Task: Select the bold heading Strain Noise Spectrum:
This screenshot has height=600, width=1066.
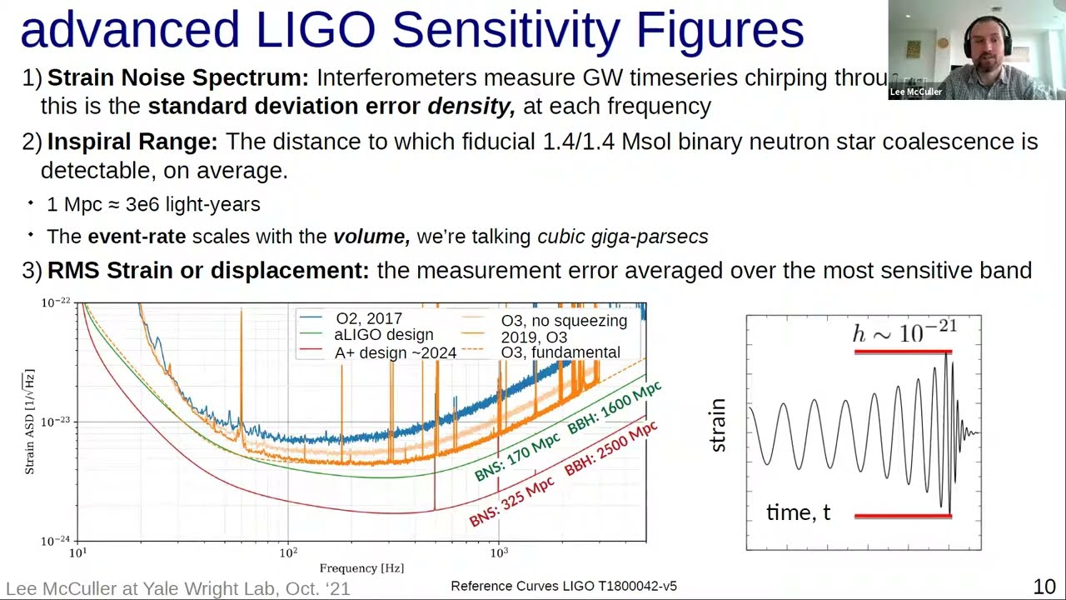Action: [x=177, y=78]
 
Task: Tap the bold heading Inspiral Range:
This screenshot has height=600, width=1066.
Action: [x=132, y=142]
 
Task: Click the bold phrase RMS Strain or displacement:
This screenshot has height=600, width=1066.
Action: [x=207, y=271]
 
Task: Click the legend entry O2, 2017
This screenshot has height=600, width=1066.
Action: [x=368, y=318]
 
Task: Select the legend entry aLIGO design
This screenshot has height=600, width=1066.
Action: [x=383, y=335]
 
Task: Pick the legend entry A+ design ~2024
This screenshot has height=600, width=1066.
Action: [x=395, y=353]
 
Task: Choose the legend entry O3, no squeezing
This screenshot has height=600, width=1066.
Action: [x=563, y=321]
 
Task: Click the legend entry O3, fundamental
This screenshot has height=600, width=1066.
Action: [x=560, y=352]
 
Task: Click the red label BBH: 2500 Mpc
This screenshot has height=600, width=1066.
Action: [x=610, y=448]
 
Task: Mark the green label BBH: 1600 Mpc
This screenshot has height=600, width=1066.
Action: [x=614, y=407]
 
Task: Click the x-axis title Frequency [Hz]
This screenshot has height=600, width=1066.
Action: [x=361, y=568]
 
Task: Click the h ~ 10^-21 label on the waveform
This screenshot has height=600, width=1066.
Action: [x=904, y=333]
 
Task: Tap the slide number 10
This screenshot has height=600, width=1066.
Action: [x=1044, y=587]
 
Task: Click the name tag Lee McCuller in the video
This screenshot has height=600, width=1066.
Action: [x=915, y=92]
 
